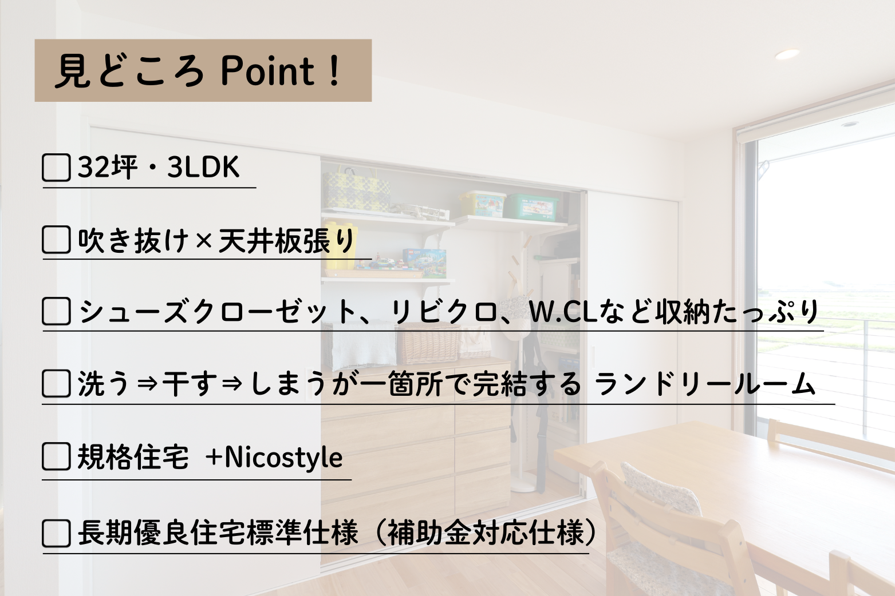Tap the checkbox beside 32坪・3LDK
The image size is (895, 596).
point(56,168)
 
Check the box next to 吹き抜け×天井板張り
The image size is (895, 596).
point(56,240)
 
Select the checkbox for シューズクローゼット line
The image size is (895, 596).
point(56,312)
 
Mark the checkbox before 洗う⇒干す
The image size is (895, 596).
point(56,383)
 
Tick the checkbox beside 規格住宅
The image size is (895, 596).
point(56,457)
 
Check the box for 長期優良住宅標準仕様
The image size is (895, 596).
point(56,533)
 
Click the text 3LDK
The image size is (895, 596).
point(203,167)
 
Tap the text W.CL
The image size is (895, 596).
point(562,312)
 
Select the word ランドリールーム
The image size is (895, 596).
point(705,383)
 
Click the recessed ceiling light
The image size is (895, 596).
point(787,54)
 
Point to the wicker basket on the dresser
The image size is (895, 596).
point(429,345)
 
